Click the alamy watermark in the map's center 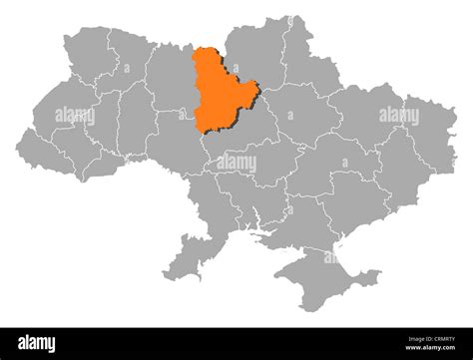click(236, 163)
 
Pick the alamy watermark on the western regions click(75, 117)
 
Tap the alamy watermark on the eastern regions click(398, 117)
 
